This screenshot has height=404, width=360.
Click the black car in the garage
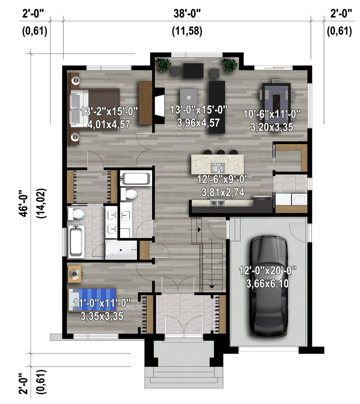269,286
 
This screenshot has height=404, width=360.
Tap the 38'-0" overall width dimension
187,13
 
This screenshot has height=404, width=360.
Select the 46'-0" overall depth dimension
23,203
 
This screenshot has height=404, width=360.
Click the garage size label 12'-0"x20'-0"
267,270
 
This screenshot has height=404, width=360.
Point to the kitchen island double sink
218,168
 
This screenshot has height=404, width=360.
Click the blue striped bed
92,299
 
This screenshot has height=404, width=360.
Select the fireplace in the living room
159,106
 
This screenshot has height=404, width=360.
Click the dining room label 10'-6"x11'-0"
272,114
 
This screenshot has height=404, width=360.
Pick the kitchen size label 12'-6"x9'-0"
223,179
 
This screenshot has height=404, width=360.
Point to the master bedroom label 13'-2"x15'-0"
109,111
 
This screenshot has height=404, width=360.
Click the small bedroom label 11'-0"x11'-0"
102,303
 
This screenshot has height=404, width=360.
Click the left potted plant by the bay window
163,65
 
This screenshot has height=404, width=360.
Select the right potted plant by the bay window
229,65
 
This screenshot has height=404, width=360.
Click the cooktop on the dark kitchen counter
217,203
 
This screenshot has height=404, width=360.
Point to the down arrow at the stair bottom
211,286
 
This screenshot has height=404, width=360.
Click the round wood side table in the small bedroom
74,274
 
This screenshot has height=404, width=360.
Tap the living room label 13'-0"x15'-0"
198,110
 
